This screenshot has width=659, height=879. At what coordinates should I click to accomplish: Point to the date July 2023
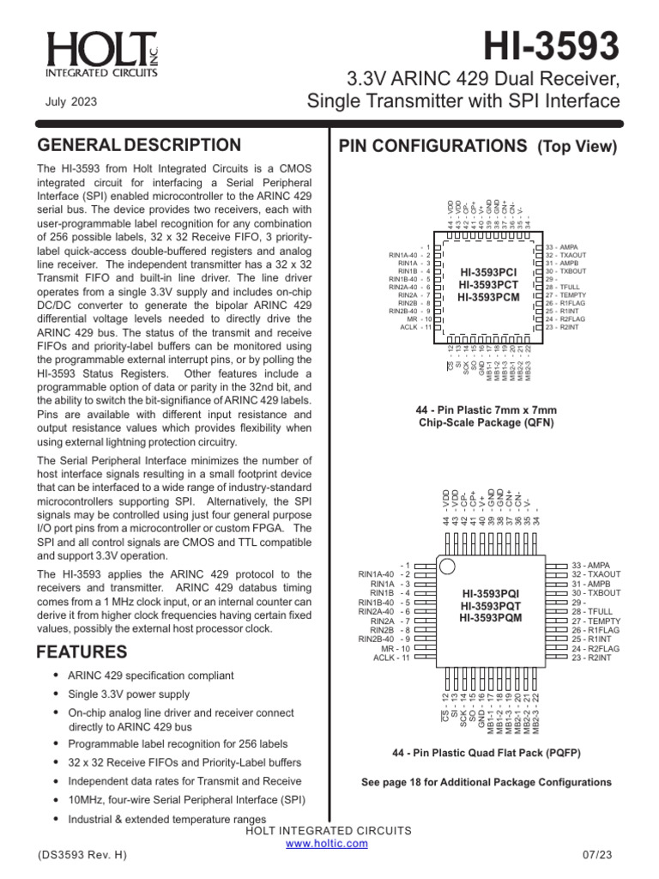point(70,102)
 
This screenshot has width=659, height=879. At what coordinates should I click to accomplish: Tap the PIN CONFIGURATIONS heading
point(478,146)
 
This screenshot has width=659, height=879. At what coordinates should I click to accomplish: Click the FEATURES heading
point(82,652)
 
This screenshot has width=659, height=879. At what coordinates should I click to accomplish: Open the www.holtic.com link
point(326,844)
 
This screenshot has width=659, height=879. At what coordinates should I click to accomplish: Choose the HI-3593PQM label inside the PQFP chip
point(490,617)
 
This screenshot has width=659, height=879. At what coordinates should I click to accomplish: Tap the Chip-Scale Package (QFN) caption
point(486,422)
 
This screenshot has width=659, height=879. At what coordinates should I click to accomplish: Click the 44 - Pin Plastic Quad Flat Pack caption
point(486,753)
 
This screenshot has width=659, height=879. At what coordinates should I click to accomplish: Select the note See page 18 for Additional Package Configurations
point(487,782)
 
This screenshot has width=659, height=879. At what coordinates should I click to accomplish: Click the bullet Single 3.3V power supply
point(129,694)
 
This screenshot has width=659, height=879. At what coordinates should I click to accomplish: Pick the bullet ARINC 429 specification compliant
point(150,676)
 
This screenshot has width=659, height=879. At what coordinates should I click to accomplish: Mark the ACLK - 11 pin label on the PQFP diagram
point(392,658)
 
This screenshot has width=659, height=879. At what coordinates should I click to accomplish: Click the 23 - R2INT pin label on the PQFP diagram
point(592,658)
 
